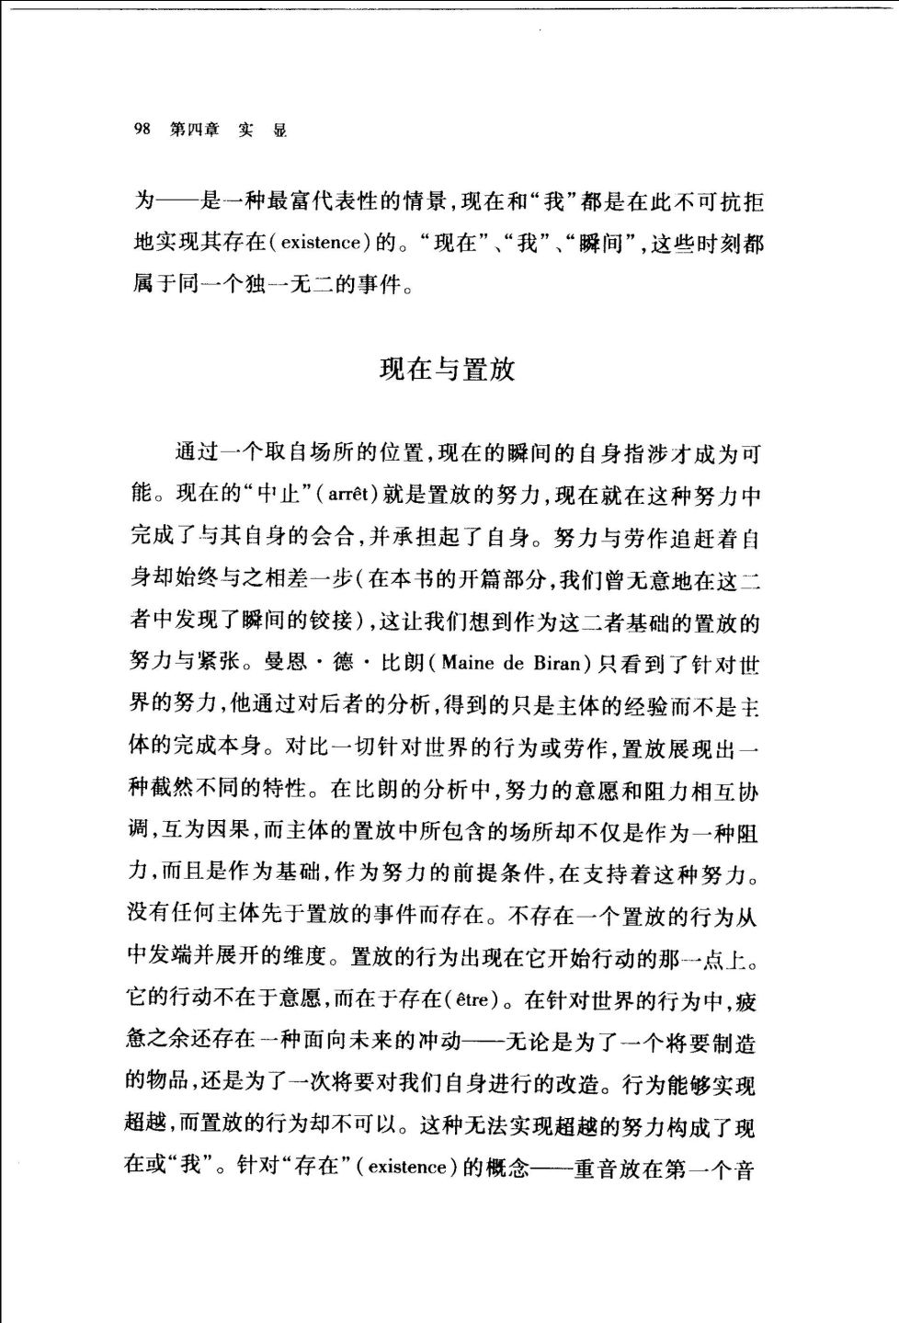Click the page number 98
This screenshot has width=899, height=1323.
tap(142, 130)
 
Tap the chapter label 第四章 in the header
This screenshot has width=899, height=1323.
tap(194, 130)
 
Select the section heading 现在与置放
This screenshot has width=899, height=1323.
tap(448, 370)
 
